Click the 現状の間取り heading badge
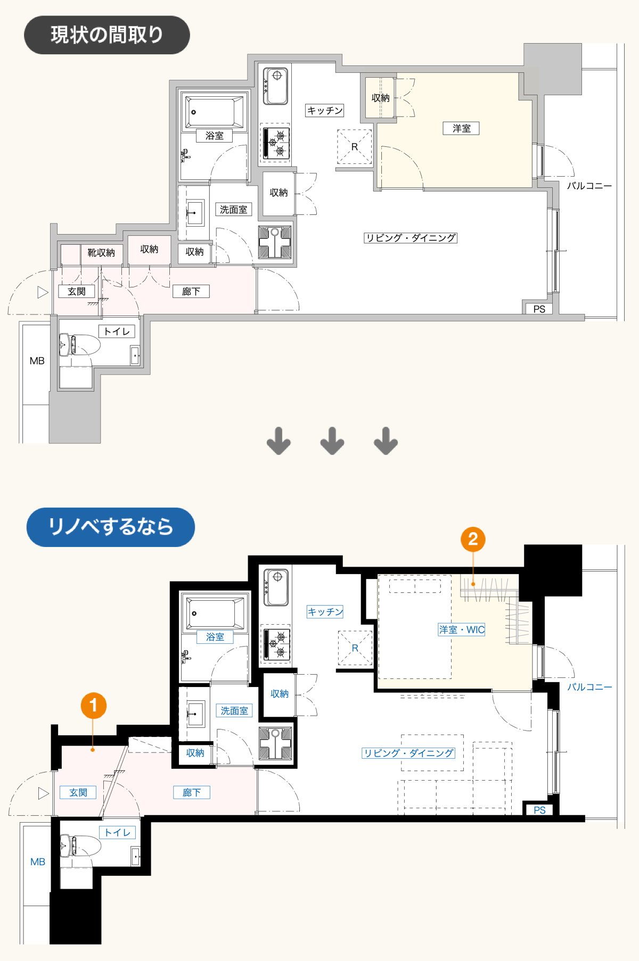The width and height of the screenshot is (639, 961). tap(107, 35)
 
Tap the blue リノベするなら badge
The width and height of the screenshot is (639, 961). tap(111, 527)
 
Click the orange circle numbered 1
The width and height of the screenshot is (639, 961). tap(93, 706)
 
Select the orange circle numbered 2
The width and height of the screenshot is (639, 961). tap(473, 540)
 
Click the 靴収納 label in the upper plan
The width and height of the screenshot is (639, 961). tap(101, 252)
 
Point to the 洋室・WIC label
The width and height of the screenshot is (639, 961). tap(462, 629)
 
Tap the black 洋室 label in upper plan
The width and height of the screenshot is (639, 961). tap(462, 128)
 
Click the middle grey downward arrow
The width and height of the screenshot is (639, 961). tap(332, 441)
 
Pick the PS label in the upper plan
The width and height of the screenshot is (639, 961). tap(539, 309)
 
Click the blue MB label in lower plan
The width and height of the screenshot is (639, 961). tap(38, 861)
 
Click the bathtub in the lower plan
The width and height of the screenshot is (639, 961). tap(214, 614)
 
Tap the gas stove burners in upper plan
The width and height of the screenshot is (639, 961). tap(276, 143)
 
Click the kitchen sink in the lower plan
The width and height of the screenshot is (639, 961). tap(277, 587)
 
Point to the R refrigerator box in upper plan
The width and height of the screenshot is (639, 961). tap(354, 147)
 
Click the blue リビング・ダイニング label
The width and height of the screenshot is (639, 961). tap(408, 753)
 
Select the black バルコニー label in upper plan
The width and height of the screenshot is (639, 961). tap(589, 186)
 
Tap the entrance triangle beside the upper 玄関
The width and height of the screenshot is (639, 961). tap(43, 292)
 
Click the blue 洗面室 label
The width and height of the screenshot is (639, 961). tap(234, 711)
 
